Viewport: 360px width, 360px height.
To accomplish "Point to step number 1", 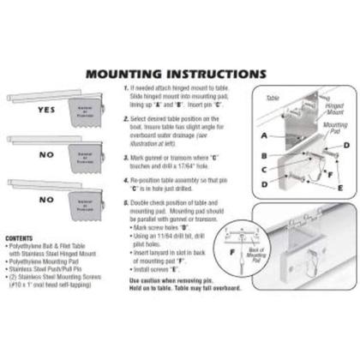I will point(126,88).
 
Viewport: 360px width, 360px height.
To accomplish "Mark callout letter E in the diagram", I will point(340,186).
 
